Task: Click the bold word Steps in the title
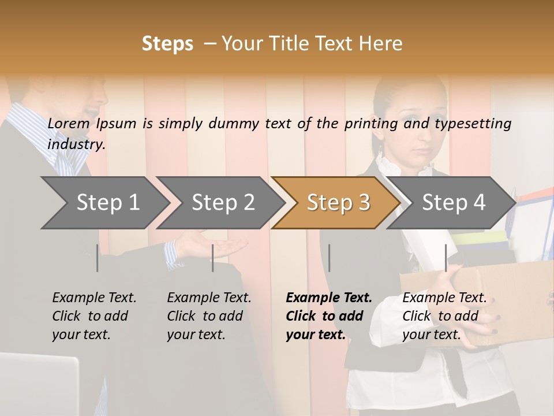tap(167, 44)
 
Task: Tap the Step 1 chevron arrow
tap(104, 203)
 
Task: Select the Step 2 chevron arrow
tap(222, 203)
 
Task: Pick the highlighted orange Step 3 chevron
tap(338, 203)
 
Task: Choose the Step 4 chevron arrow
tap(453, 203)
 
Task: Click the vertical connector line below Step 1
tap(98, 258)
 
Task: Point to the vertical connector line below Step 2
tap(213, 258)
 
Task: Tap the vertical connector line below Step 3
tap(330, 258)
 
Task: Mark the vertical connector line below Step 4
tap(446, 258)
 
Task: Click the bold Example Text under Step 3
tap(329, 298)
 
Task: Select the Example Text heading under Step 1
tap(94, 298)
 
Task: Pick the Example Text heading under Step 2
tap(209, 298)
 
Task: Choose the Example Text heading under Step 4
tap(444, 298)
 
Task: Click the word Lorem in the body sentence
tap(69, 124)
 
